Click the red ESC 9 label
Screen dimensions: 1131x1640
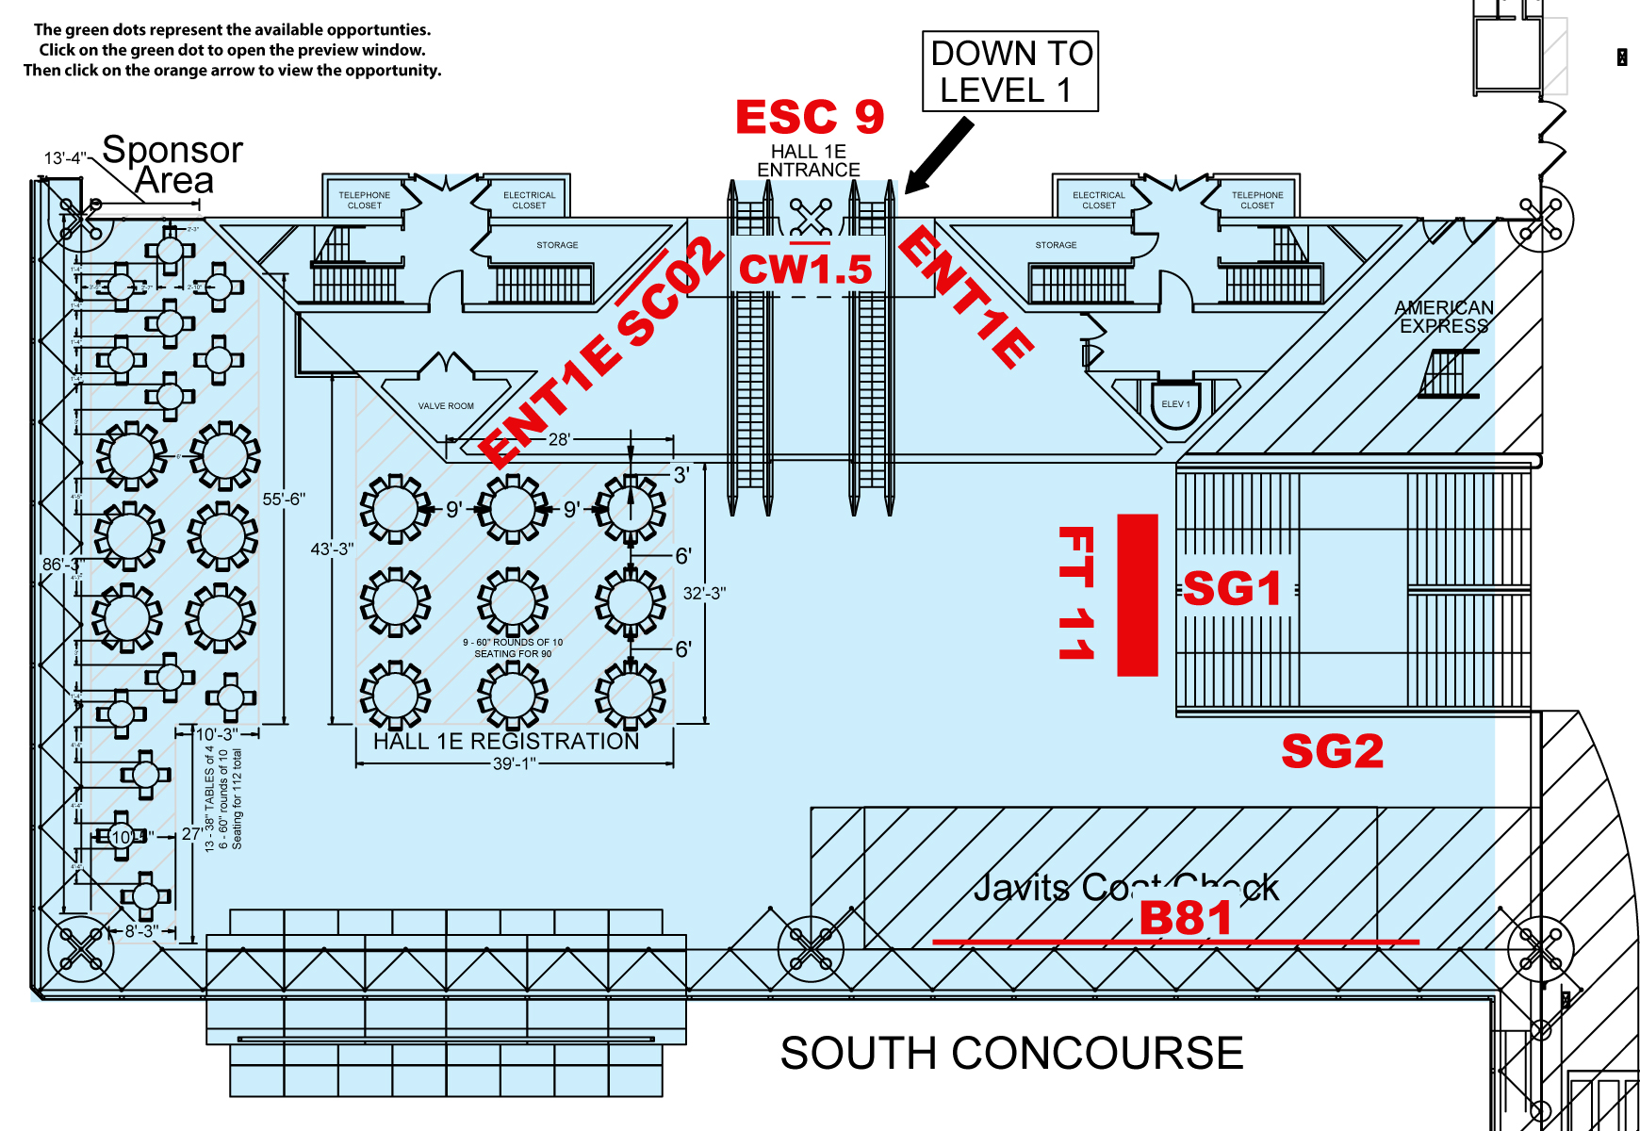810,118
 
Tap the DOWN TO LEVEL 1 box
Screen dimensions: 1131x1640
1010,72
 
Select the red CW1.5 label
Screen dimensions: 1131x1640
806,270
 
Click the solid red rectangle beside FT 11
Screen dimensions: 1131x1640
1137,595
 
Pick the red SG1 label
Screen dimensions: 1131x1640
1232,589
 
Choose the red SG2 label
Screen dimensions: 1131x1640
1332,751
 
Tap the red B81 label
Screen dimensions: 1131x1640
1185,918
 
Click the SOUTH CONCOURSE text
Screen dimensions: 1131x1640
1011,1053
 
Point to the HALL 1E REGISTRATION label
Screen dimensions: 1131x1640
506,742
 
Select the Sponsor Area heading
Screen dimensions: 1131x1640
172,164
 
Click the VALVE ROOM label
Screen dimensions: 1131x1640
446,406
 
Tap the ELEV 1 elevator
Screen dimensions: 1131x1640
1175,404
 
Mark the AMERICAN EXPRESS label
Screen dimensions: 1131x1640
1444,317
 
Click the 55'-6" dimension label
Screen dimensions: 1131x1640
284,499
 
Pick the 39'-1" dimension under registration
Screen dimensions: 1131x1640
515,763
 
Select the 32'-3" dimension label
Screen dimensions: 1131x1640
704,594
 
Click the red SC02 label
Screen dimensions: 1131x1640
671,293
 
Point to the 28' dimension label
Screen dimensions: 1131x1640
560,439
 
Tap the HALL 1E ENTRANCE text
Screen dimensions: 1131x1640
809,160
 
